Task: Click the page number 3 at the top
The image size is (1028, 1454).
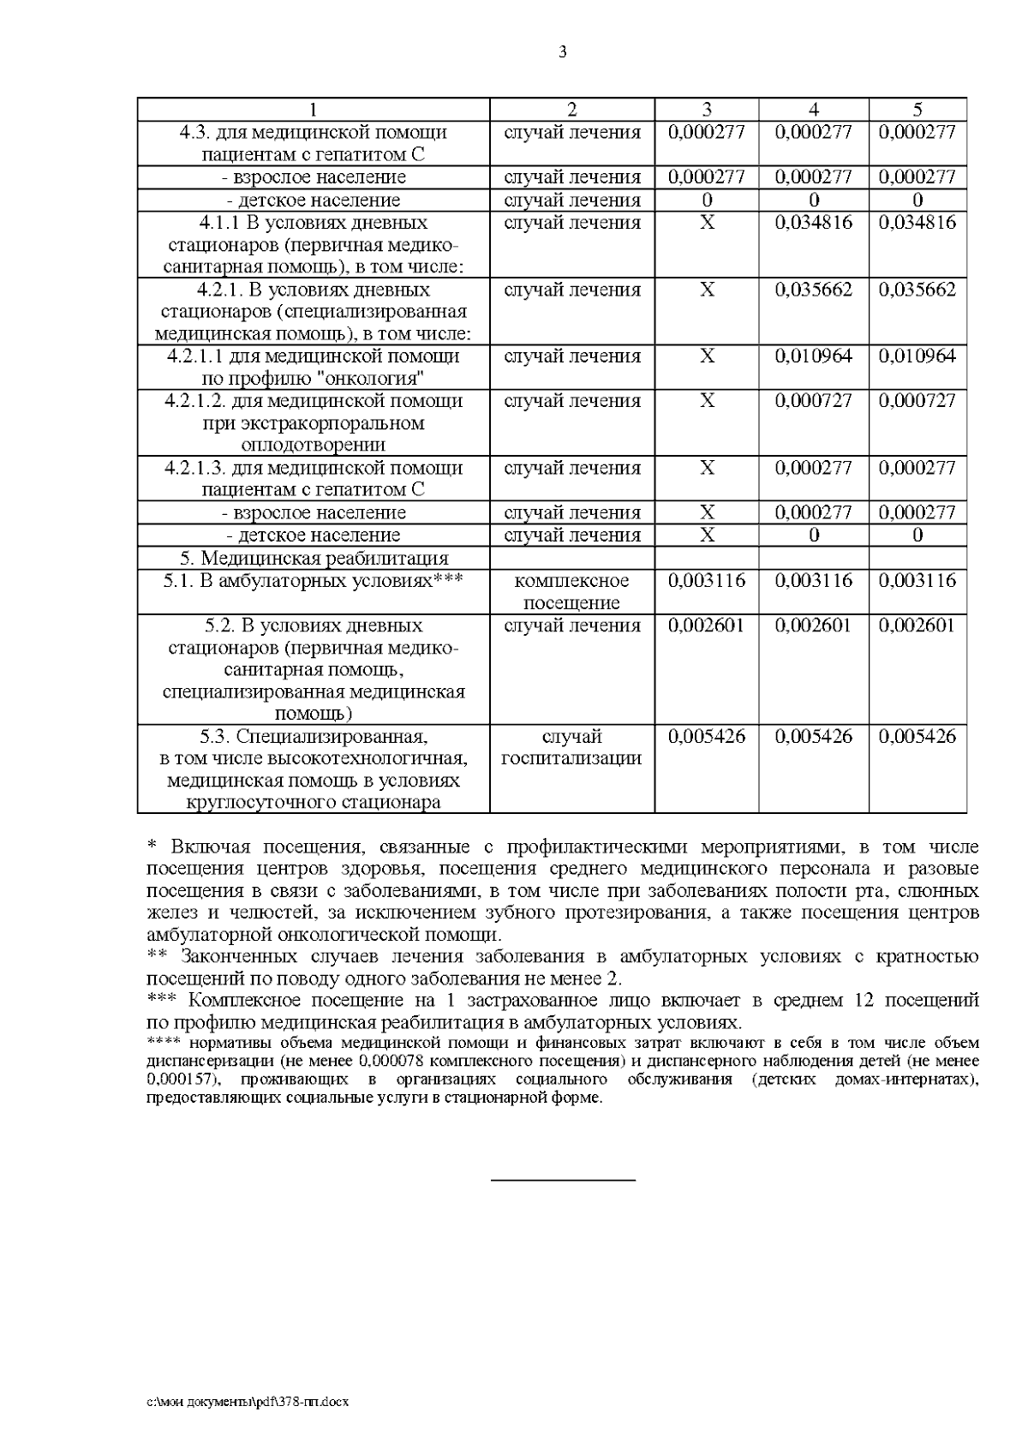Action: coord(563,52)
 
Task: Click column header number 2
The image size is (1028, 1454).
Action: coord(571,110)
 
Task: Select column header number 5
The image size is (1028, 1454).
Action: coord(917,110)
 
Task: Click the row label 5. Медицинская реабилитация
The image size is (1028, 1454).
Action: coord(314,559)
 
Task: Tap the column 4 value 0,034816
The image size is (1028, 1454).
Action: coord(813,223)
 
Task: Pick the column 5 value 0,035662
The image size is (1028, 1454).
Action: coord(917,290)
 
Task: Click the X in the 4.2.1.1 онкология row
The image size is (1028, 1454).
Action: coord(707,356)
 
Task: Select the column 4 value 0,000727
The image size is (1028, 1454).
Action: coord(813,401)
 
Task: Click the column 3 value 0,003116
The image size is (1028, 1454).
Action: coord(707,581)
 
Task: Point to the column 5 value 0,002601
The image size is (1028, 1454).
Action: coord(917,625)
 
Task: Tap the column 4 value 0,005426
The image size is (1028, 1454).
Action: coord(813,737)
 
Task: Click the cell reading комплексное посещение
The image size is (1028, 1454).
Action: coord(571,591)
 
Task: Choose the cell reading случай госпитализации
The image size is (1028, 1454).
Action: coord(571,747)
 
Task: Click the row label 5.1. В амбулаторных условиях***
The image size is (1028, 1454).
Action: coord(314,581)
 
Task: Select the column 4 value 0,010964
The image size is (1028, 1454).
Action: coord(813,356)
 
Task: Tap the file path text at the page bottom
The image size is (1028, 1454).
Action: coord(248,1402)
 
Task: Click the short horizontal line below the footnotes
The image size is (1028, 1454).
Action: coord(563,1181)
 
